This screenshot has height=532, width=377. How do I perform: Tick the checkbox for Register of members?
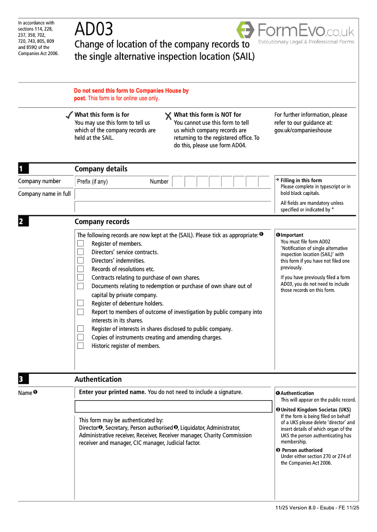[x=81, y=243]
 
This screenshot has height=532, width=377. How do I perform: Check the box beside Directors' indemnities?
[x=81, y=260]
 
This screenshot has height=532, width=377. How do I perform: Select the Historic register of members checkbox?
[x=81, y=346]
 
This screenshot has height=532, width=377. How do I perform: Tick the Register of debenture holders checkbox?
[x=81, y=303]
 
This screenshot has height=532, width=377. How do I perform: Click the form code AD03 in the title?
[x=94, y=30]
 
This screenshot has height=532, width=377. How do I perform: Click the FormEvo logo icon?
[x=245, y=30]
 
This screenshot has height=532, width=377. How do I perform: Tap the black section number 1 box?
[x=23, y=169]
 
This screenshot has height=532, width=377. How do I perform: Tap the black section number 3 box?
[x=23, y=379]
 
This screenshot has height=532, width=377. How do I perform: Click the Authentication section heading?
[x=98, y=379]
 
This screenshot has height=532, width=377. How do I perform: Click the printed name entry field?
[x=173, y=407]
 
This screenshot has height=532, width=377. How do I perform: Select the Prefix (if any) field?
[x=123, y=182]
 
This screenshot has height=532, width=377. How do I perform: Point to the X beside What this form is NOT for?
[x=168, y=116]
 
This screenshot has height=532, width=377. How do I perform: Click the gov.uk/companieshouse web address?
[x=303, y=130]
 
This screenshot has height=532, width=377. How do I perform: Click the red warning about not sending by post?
[x=131, y=95]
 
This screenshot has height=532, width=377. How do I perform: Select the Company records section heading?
[x=102, y=222]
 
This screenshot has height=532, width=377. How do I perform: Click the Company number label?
[x=39, y=181]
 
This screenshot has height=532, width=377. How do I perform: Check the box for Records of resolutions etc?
[x=81, y=269]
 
